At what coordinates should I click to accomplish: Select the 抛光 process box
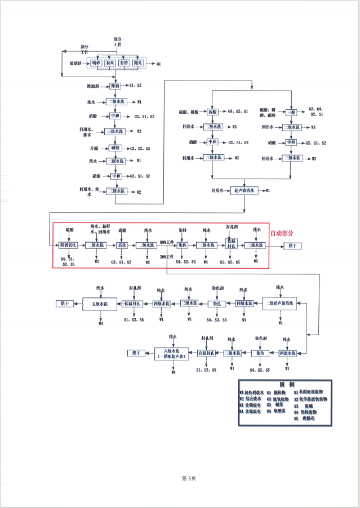tap(138, 63)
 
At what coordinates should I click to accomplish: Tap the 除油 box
tap(115, 86)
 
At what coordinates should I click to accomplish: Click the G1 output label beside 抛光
tap(159, 64)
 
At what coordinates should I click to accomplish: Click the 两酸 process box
tap(212, 112)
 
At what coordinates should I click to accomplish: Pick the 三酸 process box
tap(291, 112)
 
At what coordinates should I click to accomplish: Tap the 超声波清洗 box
tap(243, 191)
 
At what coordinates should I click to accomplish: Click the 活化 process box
tap(122, 246)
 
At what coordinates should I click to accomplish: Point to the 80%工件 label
tap(167, 242)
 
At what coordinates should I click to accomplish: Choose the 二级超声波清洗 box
tap(281, 303)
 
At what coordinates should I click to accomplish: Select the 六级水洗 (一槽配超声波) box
tap(175, 353)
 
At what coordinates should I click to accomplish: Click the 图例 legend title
tap(287, 384)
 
